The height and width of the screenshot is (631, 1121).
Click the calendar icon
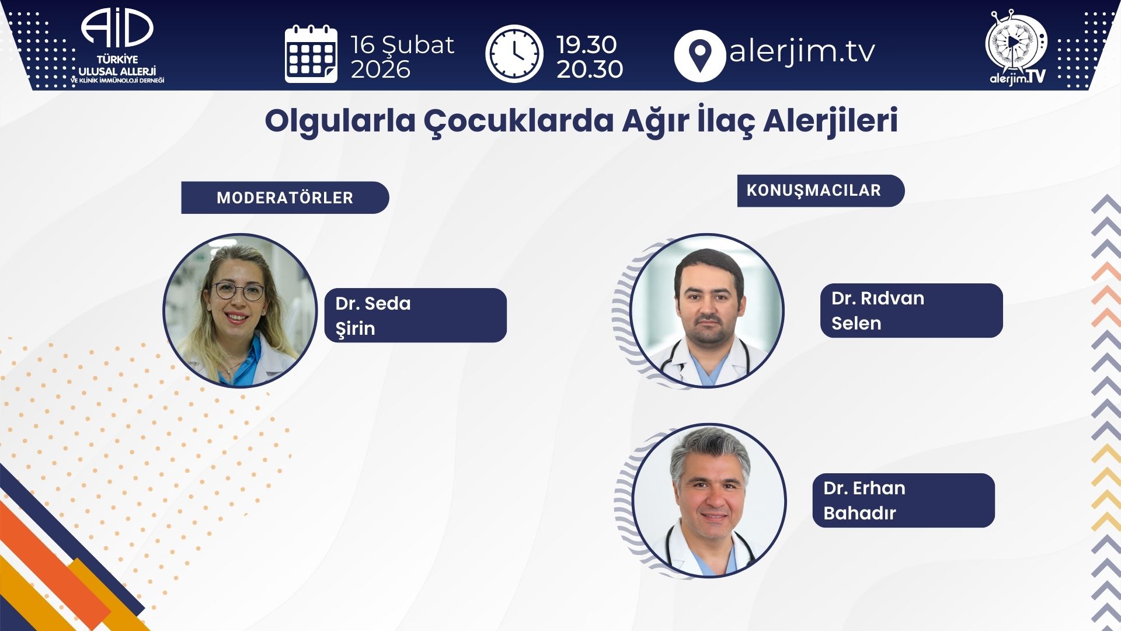pos(311,54)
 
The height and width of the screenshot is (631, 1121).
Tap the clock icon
pos(514,54)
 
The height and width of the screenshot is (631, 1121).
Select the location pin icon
pos(699,56)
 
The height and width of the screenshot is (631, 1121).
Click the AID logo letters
pos(117,27)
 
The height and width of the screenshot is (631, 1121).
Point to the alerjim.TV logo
pos(1017,47)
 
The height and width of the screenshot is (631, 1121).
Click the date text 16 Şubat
pos(402,44)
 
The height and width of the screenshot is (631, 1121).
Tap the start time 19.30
pos(586,44)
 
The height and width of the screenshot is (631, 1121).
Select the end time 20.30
pos(590,69)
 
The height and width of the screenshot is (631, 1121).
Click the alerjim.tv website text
pos(802,51)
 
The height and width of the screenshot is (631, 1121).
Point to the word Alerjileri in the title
pos(830,121)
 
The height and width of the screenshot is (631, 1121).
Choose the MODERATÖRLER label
pos(285,197)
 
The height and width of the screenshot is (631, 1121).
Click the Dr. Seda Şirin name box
pos(416,315)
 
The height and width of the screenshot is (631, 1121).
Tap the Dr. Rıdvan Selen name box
pos(911,310)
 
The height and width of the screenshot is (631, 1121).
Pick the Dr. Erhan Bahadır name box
pos(904,500)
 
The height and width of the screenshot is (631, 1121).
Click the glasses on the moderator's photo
pos(238,291)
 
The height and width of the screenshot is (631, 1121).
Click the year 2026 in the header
pos(381,70)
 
